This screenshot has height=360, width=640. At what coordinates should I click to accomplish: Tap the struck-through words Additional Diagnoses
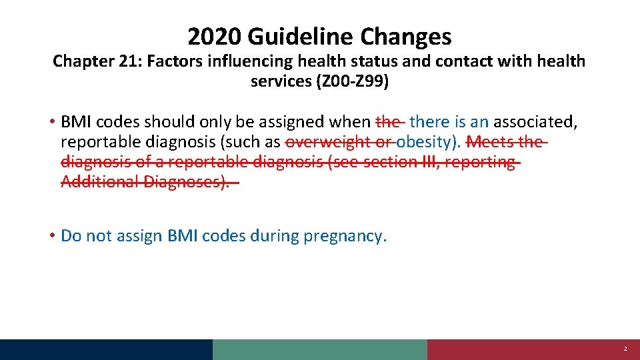(145, 181)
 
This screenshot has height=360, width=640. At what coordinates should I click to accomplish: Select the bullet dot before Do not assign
(51, 236)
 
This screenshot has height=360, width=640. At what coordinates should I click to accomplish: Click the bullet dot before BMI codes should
(51, 122)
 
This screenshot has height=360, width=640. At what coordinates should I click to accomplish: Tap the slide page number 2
(625, 349)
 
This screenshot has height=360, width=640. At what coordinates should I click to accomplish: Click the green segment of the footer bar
(320, 349)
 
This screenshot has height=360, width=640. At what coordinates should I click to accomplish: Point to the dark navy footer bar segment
(107, 349)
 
